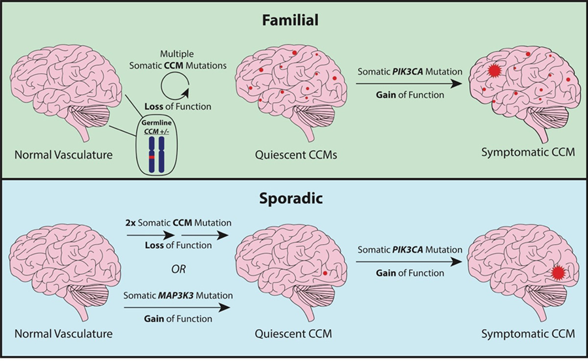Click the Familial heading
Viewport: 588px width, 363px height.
point(293,20)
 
